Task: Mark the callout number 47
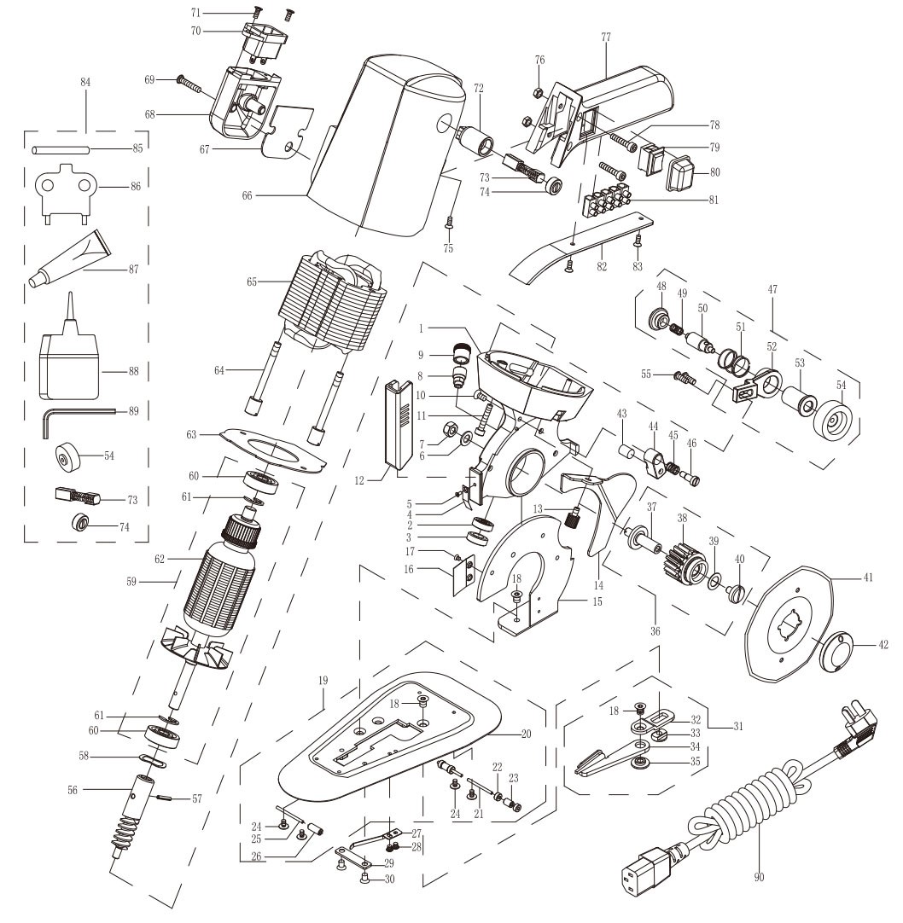pos(774,290)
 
